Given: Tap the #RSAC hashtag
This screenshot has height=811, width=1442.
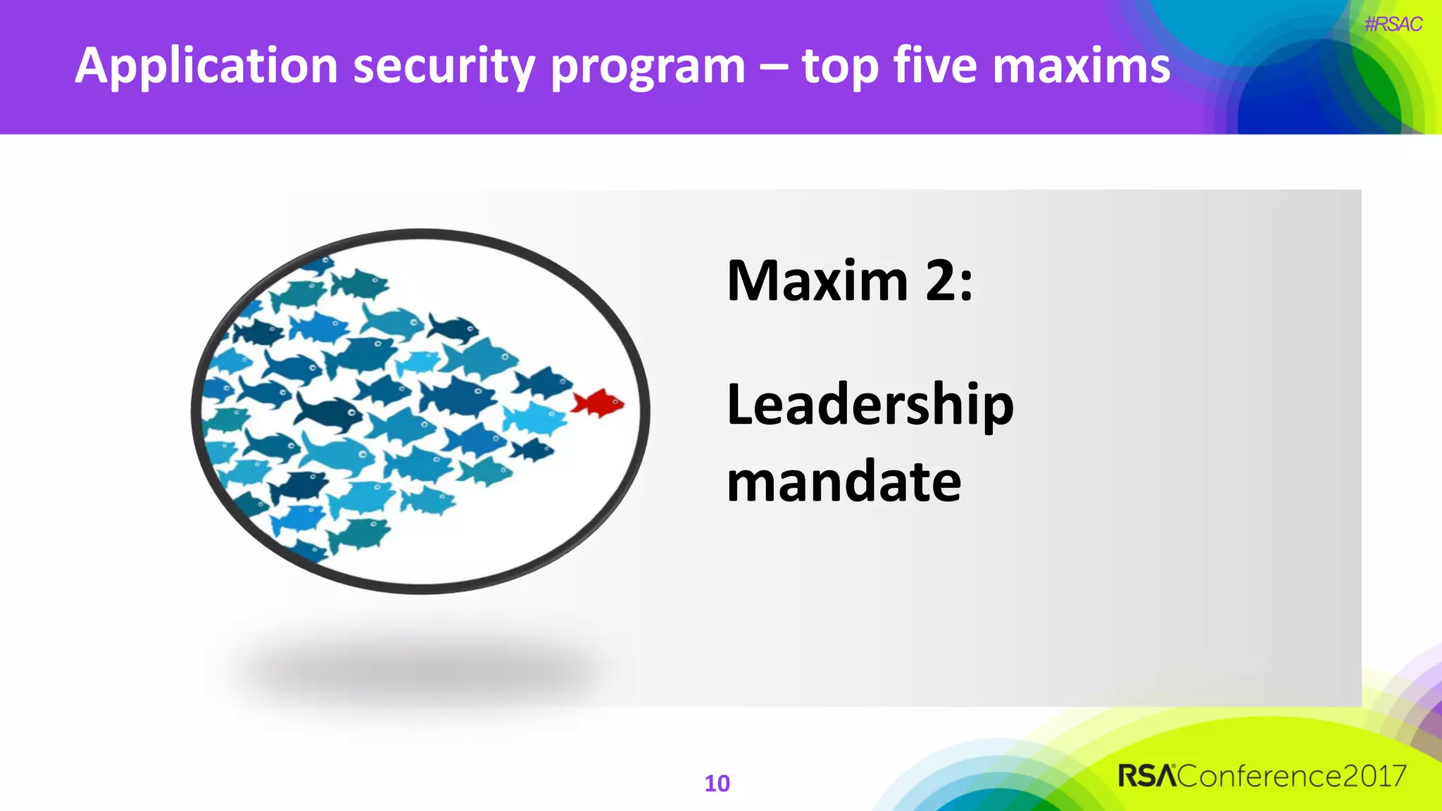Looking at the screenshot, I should click(1393, 25).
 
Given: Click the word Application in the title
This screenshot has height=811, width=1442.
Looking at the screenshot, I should click(206, 66).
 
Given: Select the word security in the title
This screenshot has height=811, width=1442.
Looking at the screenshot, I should click(443, 66).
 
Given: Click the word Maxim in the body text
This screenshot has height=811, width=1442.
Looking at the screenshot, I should click(817, 281).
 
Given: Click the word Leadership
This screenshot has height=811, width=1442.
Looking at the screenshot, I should click(870, 405).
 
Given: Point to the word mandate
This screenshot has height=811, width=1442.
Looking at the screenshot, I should click(844, 482).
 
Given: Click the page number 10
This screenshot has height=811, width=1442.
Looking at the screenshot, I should click(717, 784).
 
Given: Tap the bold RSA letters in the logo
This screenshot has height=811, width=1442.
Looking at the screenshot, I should click(1146, 776).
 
